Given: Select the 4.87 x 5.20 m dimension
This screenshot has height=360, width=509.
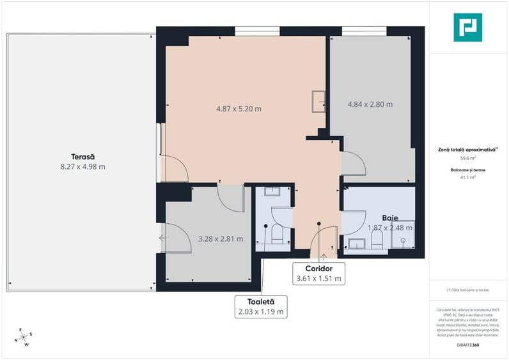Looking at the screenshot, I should pos(239,109).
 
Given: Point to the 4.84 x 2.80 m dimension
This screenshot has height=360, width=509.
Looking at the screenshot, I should pos(370,104).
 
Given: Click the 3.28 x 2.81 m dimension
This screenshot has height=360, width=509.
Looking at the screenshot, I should pos(221,239).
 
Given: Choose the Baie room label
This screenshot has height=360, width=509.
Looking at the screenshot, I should pos(390,217).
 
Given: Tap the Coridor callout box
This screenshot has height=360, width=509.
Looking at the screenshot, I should pos(318,273).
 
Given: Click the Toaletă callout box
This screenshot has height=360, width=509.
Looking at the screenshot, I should pos(260,306).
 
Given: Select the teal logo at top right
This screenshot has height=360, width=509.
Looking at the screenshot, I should pos(467,27).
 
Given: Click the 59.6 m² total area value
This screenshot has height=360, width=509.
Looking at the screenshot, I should pos(467,157).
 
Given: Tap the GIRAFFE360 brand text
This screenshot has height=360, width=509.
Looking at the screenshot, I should pos(467,345).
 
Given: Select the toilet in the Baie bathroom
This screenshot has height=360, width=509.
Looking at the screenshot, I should pos(377,239).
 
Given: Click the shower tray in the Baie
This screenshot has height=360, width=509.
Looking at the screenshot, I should pos(403,235).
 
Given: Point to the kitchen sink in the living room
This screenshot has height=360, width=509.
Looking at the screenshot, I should pos(318,101).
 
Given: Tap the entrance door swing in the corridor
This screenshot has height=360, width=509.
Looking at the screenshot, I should pos(324,240).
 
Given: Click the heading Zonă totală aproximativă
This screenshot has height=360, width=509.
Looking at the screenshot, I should pos(467,149).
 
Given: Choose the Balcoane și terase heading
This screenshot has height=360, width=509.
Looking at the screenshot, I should pos(467,170).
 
